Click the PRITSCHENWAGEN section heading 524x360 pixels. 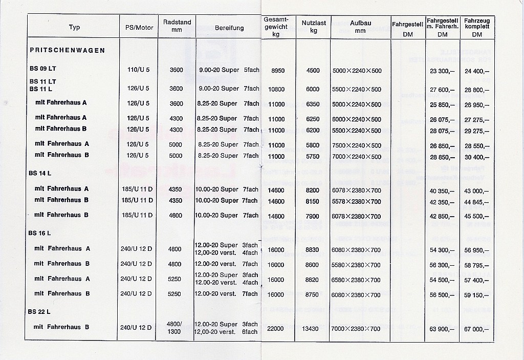[x=68, y=50]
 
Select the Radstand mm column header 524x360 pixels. [x=177, y=26]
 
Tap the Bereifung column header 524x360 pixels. [x=229, y=28]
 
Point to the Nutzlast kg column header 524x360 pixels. [x=312, y=27]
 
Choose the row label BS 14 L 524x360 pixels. [x=40, y=173]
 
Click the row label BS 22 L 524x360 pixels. [x=40, y=311]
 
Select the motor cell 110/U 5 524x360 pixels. [x=138, y=70]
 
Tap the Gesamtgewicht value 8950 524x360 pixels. [x=276, y=71]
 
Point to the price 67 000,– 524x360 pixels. [x=477, y=329]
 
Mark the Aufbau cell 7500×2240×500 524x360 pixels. [x=356, y=145]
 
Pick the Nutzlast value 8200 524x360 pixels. [x=312, y=190]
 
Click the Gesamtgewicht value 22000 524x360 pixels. [x=276, y=329]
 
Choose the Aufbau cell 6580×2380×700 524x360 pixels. [x=356, y=280]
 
